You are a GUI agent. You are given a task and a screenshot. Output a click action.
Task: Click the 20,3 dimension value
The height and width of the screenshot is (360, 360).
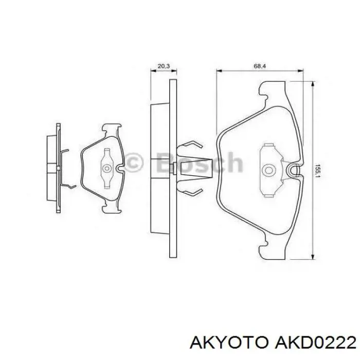164,66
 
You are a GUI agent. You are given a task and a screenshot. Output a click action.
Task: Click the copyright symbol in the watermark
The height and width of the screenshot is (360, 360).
134,163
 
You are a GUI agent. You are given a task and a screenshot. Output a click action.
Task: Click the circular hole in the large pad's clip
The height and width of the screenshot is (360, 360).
268,170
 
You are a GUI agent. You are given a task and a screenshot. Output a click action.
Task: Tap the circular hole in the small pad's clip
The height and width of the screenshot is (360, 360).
106,168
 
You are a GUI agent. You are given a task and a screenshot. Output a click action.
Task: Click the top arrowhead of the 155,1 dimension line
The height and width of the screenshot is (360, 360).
312,85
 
